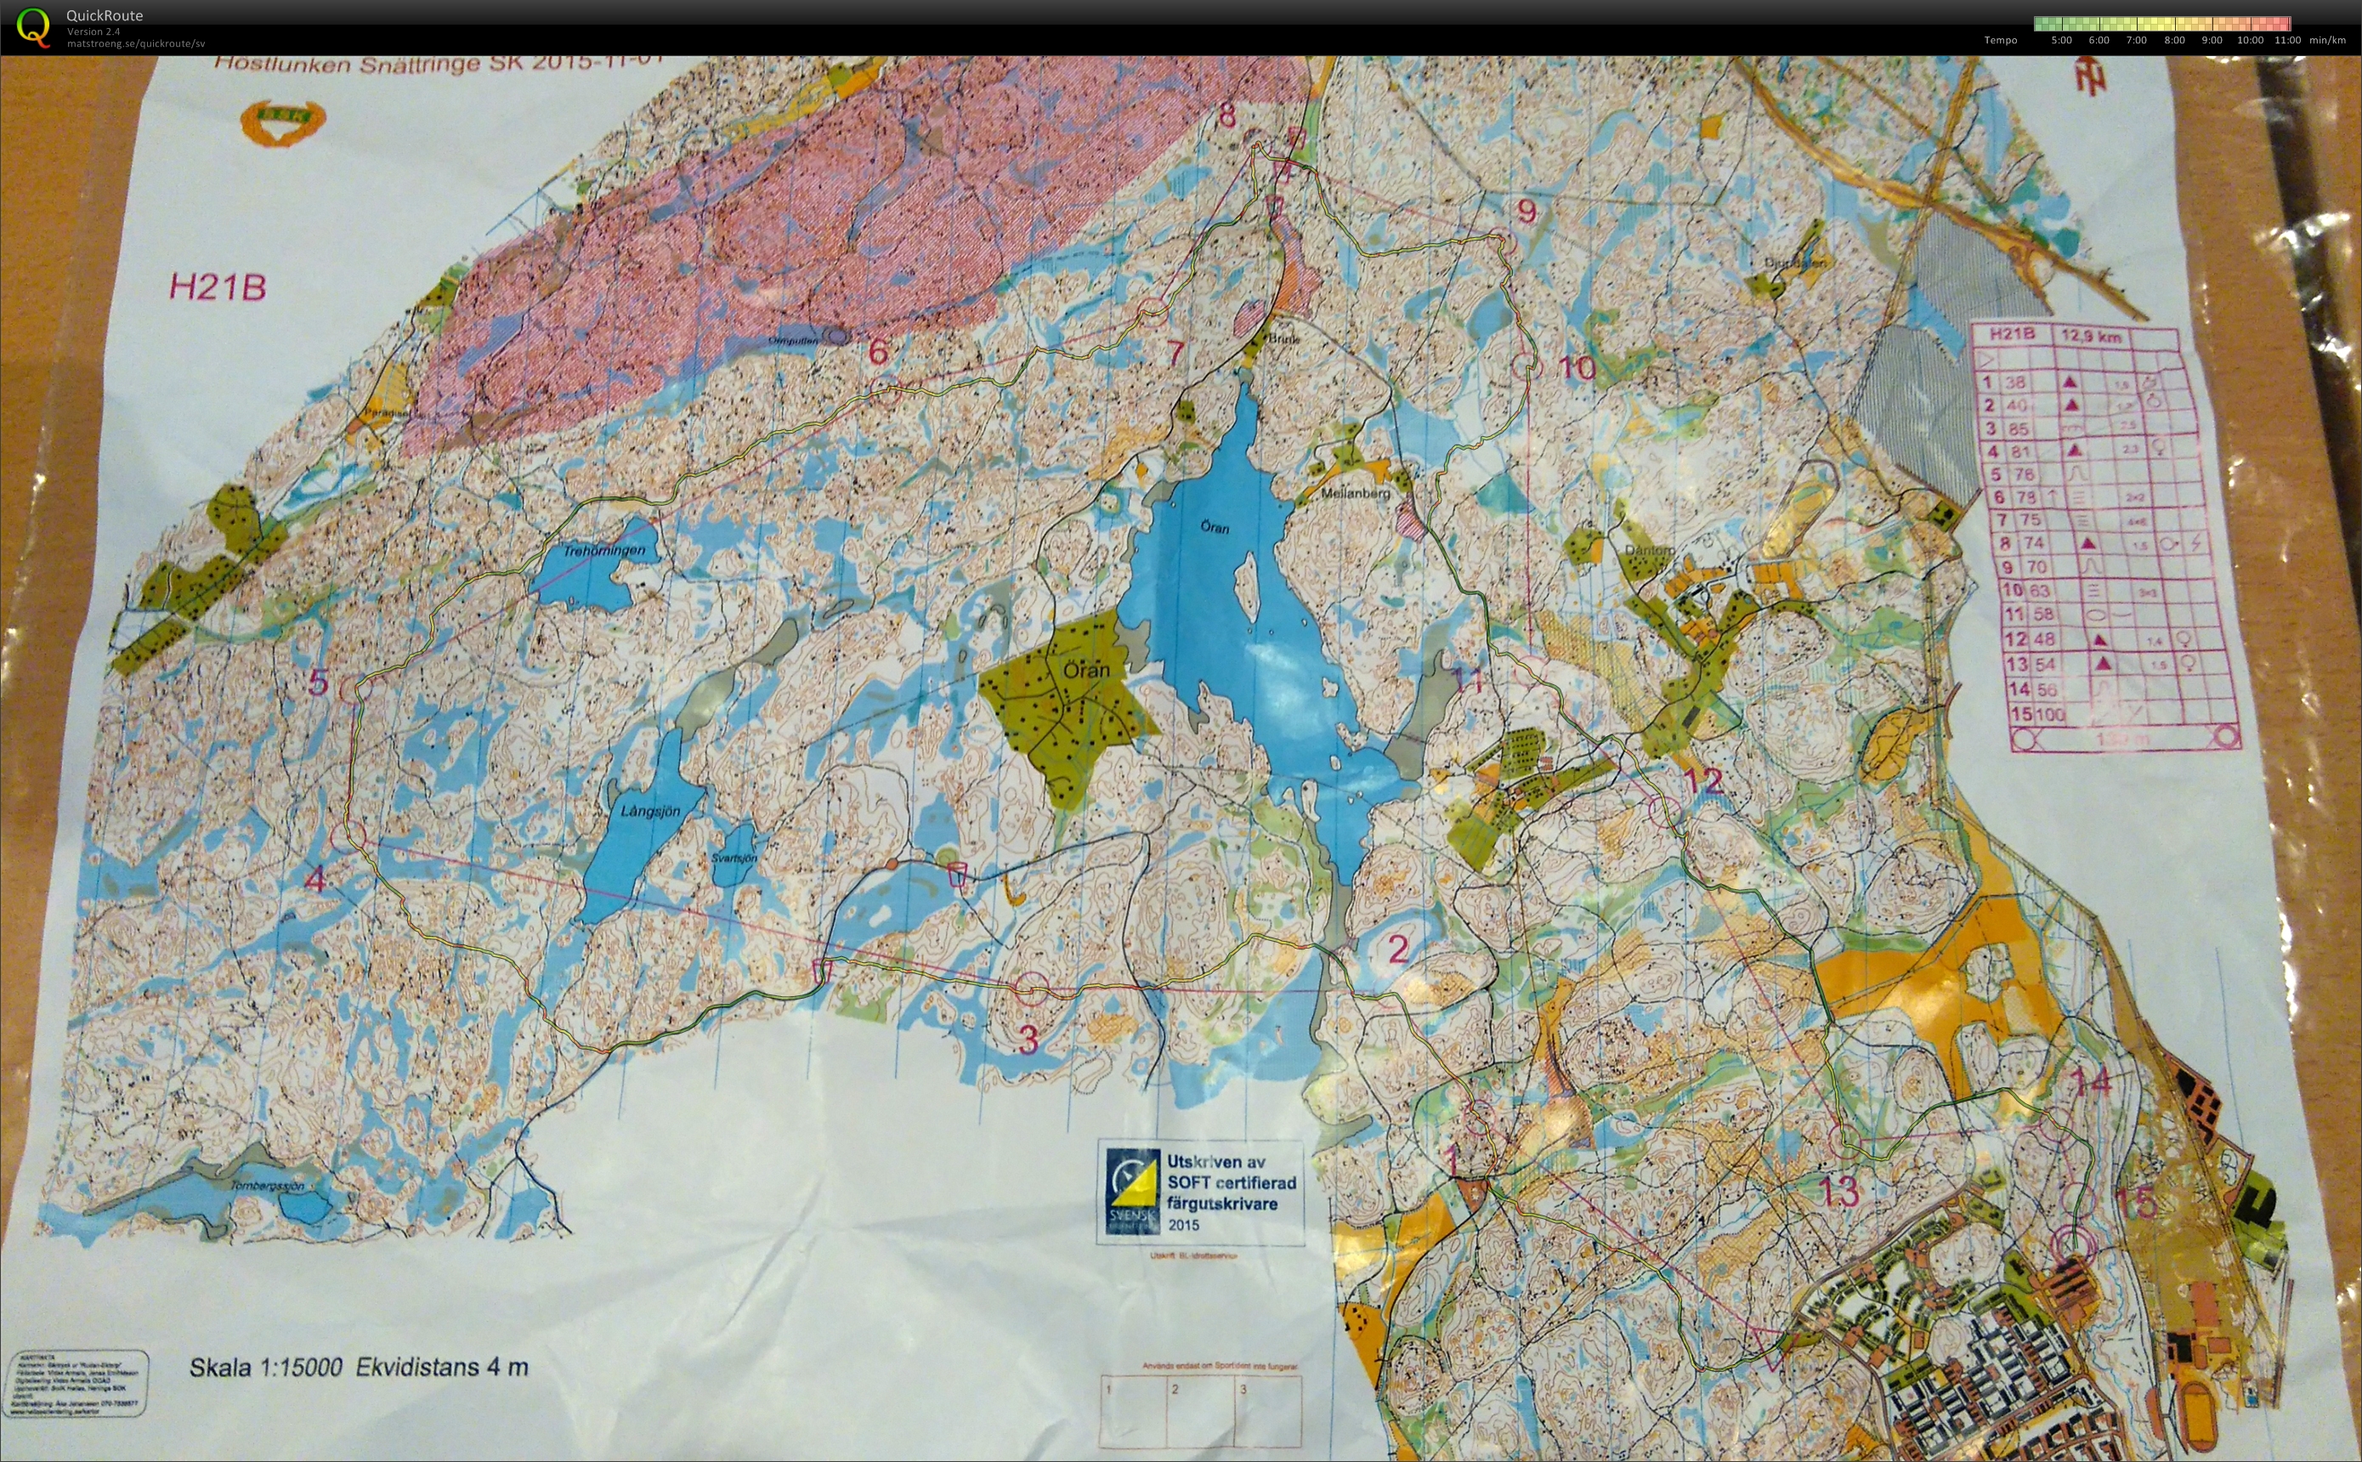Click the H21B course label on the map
218,287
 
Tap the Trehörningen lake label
604,550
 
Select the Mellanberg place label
1355,493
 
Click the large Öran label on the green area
1085,670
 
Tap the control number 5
318,683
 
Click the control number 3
1028,1040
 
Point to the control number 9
1527,210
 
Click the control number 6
878,351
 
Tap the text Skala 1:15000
266,1368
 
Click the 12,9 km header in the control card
2091,337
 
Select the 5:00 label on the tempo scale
2061,41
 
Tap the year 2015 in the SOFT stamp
1183,1224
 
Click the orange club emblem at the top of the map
282,122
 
